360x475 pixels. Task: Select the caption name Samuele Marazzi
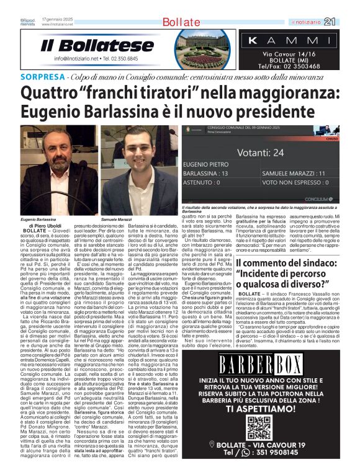pos(117,220)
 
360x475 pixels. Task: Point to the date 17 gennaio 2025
pos(59,19)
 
